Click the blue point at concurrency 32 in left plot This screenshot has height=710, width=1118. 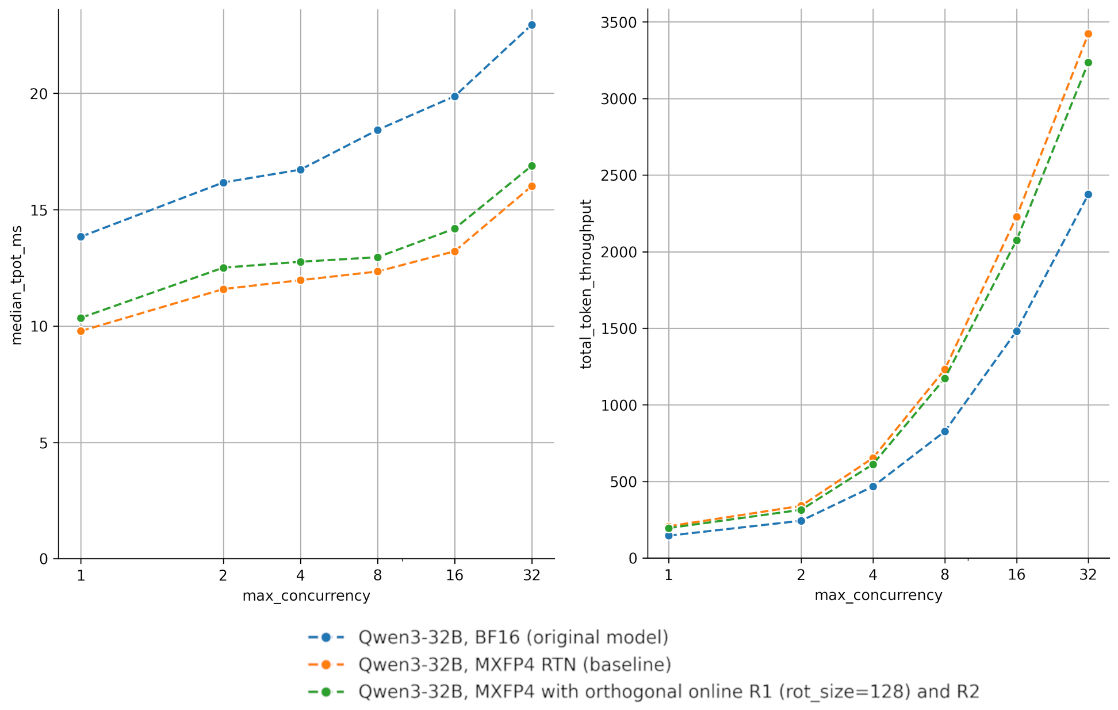[531, 25]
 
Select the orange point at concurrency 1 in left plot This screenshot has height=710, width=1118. [81, 331]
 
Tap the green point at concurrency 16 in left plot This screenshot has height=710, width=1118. [455, 228]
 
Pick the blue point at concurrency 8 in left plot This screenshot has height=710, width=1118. [378, 130]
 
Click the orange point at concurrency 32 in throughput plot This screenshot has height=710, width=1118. [1088, 34]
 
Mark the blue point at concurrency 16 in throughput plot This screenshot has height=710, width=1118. [1017, 331]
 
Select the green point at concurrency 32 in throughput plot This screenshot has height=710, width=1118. [1088, 63]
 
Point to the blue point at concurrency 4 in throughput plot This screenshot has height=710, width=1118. [873, 486]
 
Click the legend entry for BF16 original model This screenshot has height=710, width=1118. [513, 638]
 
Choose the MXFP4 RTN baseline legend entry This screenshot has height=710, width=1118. [515, 665]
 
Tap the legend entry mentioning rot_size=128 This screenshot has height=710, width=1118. [668, 692]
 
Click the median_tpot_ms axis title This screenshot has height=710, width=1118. [17, 285]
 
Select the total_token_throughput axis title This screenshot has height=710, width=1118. [586, 284]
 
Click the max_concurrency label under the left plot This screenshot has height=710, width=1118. [306, 596]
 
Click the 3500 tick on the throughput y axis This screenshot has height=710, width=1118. [619, 22]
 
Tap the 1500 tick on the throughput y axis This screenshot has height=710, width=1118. [619, 329]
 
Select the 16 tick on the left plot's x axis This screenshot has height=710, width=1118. [454, 575]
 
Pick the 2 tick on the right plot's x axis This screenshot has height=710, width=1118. [801, 575]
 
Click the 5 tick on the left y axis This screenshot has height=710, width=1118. [43, 443]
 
